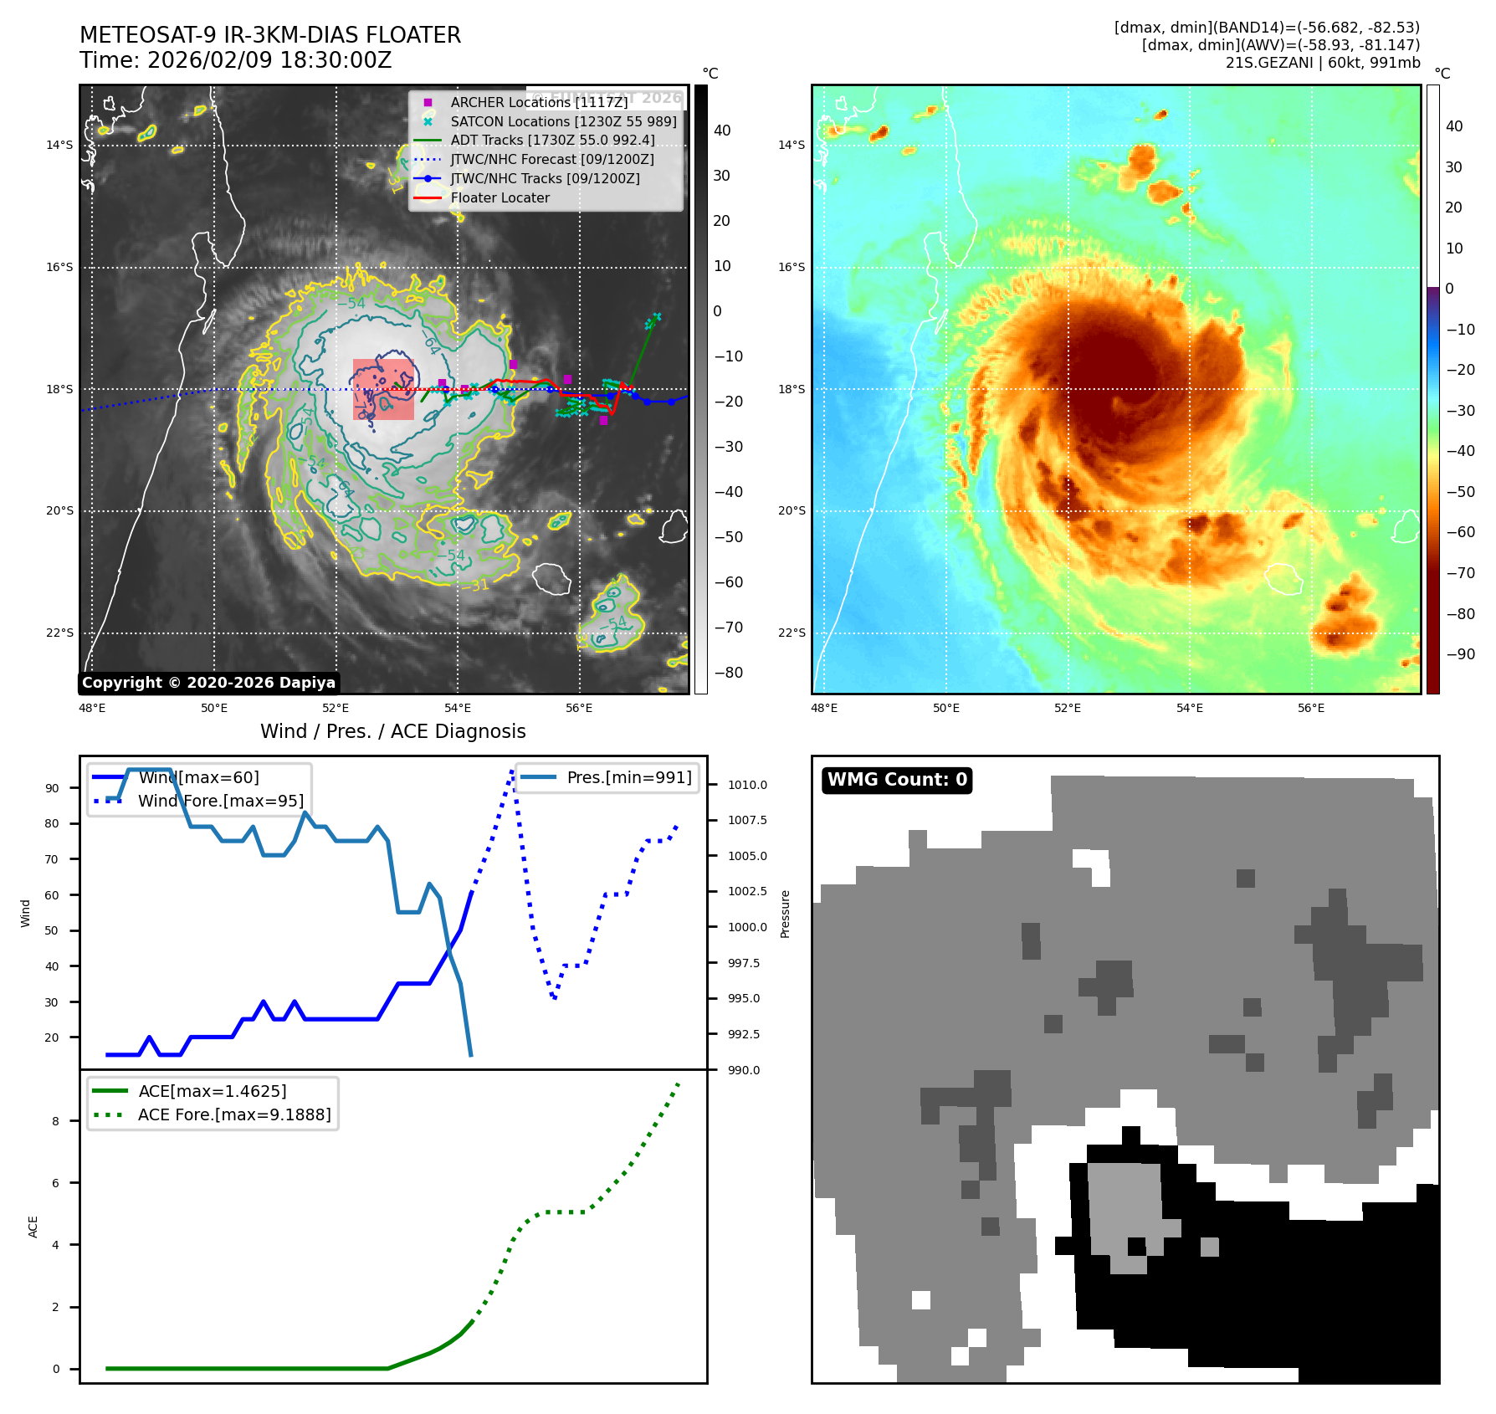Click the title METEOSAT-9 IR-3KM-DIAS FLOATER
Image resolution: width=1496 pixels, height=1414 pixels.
[269, 35]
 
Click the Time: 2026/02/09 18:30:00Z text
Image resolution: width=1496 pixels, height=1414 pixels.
[235, 60]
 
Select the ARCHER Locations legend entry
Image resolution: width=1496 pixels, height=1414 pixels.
[538, 102]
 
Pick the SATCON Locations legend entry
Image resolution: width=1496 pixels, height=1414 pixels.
[563, 121]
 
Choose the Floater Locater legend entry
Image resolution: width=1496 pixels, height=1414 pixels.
[500, 198]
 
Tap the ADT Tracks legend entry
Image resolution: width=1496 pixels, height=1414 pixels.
[552, 141]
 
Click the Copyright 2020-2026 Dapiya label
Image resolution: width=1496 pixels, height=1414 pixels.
[208, 683]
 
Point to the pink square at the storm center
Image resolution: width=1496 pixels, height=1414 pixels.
[383, 389]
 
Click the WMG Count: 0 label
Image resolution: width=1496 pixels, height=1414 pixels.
[897, 780]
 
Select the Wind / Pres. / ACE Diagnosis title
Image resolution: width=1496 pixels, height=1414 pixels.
[392, 731]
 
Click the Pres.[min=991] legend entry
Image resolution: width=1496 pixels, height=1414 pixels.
[628, 777]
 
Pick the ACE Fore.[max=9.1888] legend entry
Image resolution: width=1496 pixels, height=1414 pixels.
[233, 1114]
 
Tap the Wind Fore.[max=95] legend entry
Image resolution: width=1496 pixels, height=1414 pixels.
[220, 801]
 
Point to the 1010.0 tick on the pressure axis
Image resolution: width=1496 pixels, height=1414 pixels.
[746, 785]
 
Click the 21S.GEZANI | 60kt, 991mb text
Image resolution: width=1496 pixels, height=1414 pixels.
[1322, 63]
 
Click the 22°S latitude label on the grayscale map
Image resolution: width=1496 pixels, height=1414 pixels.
[59, 633]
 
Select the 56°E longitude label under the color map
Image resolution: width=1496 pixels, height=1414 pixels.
[1310, 708]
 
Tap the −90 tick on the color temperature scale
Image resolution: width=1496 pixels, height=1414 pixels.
[1460, 654]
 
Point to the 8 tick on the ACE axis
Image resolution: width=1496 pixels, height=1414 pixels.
[56, 1121]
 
